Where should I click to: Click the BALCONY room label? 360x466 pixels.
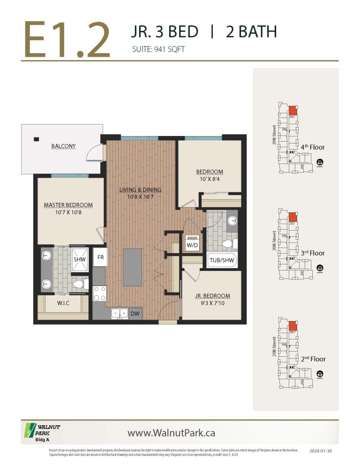pos(63,146)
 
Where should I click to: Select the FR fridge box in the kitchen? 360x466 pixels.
pos(100,257)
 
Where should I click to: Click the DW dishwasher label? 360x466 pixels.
pos(134,314)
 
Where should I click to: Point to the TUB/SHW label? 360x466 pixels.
pos(222,260)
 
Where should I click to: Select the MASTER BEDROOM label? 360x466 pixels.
pos(68,205)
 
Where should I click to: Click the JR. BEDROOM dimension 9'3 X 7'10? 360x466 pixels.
pos(212,304)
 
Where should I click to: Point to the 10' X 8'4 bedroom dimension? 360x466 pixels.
pos(209,180)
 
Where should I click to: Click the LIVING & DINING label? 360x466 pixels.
pos(140,190)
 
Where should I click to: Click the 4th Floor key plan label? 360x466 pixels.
pos(313,147)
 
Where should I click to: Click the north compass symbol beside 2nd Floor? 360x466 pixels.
pos(320,374)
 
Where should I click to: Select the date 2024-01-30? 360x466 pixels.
pos(321,451)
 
